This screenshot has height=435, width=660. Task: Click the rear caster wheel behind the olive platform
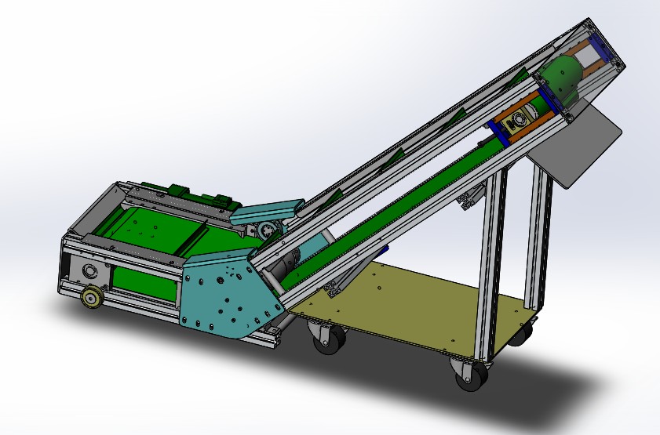[x=520, y=335]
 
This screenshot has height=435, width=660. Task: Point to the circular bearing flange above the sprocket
[x=88, y=271]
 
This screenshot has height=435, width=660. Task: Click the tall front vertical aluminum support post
[x=491, y=266]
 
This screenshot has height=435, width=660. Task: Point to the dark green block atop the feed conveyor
[x=177, y=190]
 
